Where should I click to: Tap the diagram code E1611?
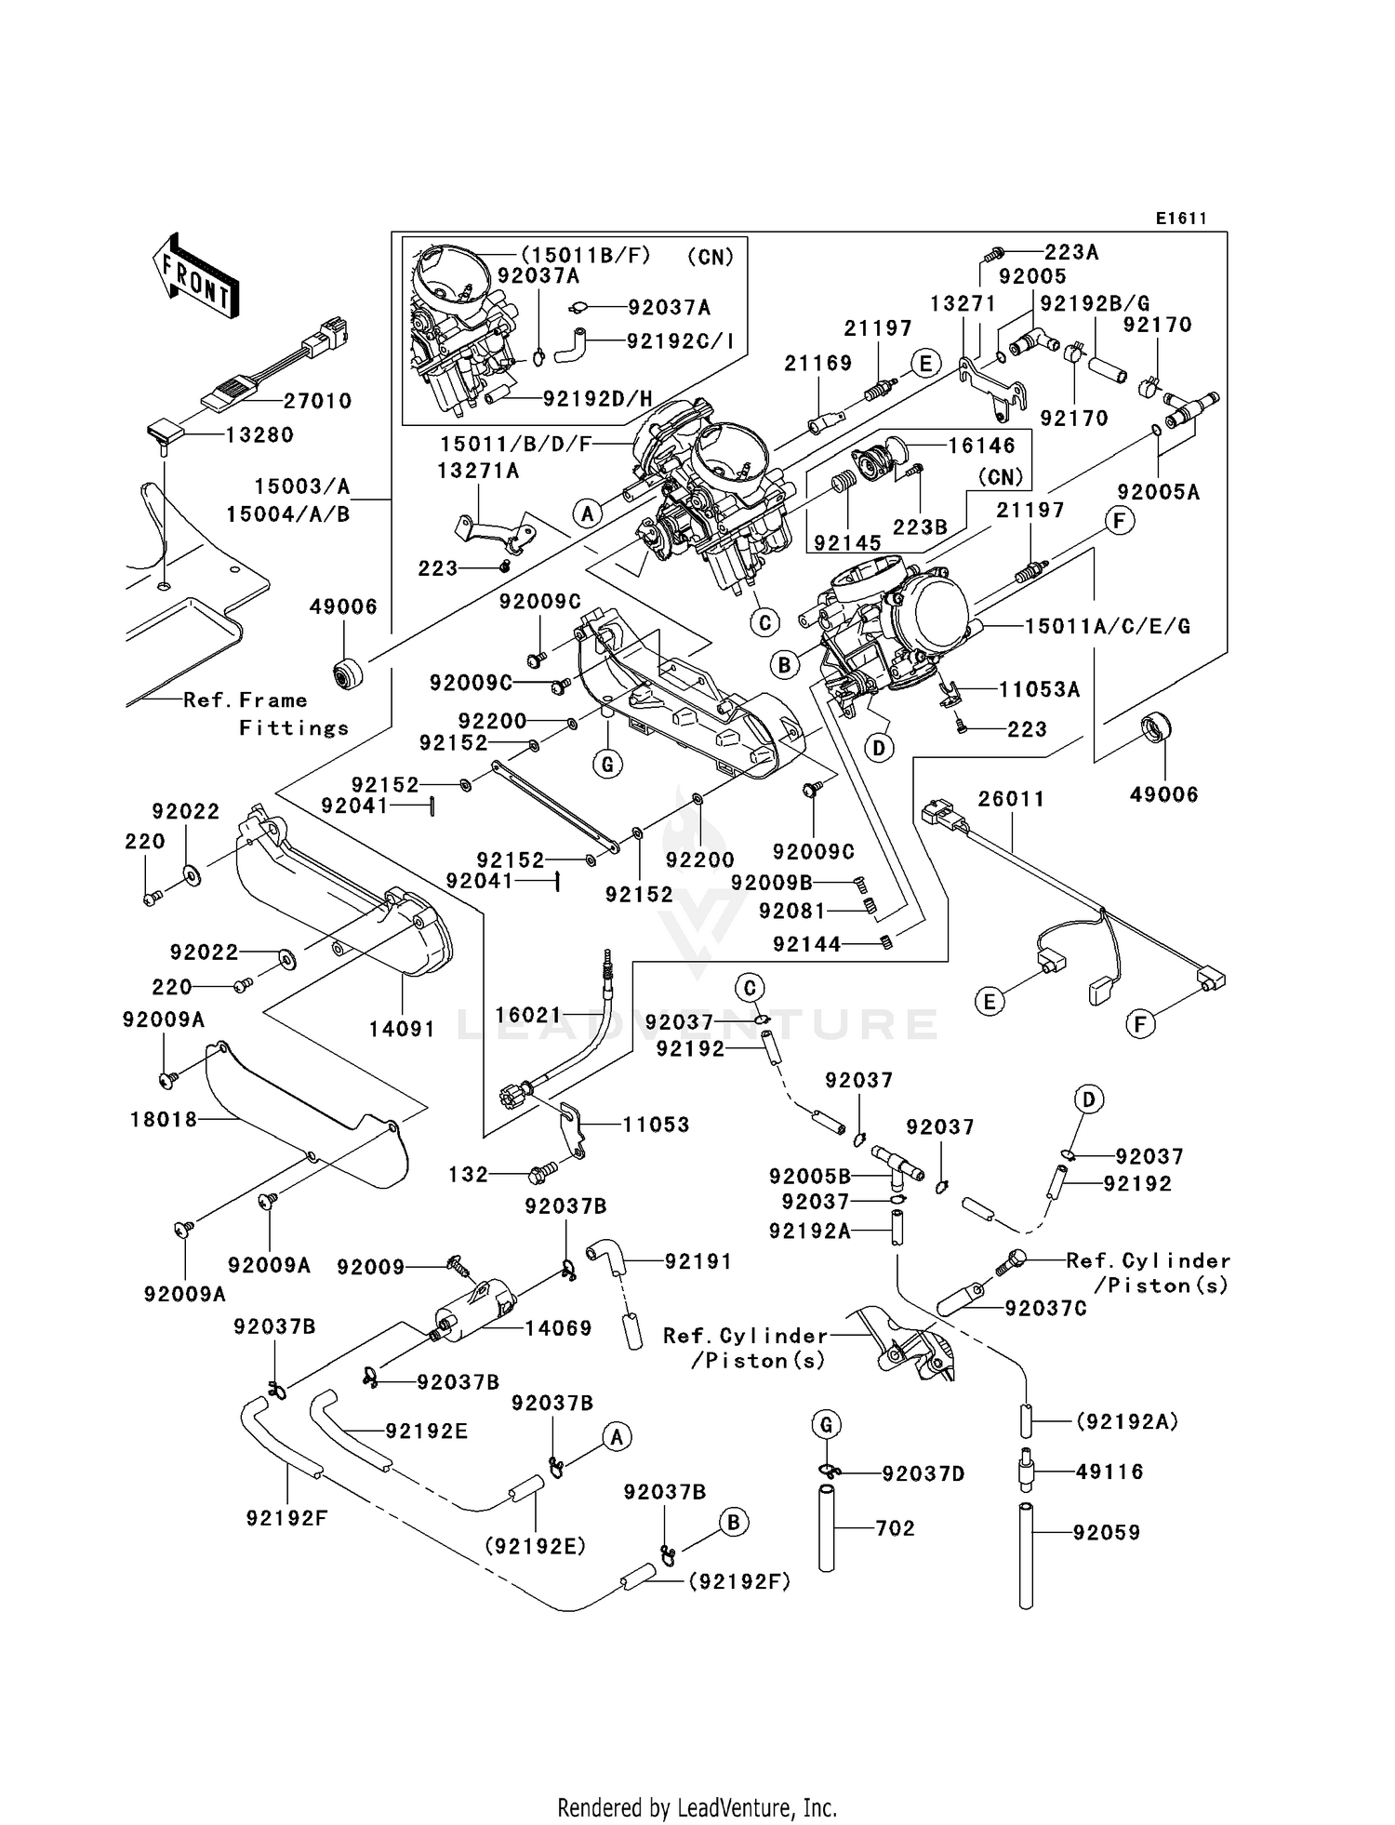(1181, 219)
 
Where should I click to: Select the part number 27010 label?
(318, 401)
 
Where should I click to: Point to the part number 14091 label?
(402, 1029)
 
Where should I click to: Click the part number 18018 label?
(164, 1120)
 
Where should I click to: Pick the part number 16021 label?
(528, 1015)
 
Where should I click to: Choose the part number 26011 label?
(1011, 799)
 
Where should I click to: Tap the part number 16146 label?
(982, 446)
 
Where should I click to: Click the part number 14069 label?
(558, 1328)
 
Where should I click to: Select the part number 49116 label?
(1109, 1472)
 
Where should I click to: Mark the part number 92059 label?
(1106, 1532)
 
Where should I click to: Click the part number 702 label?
(895, 1527)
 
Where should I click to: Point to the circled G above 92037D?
(826, 1424)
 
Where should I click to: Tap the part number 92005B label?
(809, 1177)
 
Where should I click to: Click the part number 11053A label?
(1039, 689)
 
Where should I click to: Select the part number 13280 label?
(259, 434)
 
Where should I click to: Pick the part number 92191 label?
(697, 1261)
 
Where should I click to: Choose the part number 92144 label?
(806, 944)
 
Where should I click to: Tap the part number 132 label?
(468, 1174)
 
